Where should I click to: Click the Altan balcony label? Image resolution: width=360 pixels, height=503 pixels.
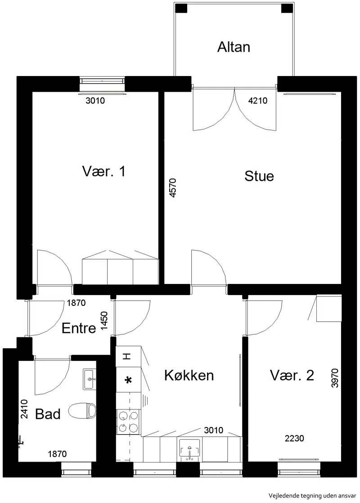click(x=234, y=47)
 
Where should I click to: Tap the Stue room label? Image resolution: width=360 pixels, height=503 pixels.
click(x=259, y=176)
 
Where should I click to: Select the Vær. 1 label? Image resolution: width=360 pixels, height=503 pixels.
click(x=103, y=171)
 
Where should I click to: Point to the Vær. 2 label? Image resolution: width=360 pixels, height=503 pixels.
click(x=292, y=375)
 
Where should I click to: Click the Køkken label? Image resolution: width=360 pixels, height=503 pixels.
click(x=189, y=375)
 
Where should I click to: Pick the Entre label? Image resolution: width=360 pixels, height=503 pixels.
click(x=79, y=328)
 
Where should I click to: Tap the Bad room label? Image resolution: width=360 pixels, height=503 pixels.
click(x=48, y=414)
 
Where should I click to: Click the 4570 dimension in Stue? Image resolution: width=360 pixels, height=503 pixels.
click(x=173, y=188)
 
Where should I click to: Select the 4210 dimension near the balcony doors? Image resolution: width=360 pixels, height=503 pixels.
click(x=258, y=101)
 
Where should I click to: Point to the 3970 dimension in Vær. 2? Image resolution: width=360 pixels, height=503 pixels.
click(x=335, y=378)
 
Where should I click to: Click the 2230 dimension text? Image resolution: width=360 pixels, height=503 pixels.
click(x=294, y=438)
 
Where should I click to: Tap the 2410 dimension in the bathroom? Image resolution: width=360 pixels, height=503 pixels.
click(x=24, y=409)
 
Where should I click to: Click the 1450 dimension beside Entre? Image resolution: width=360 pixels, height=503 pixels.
click(x=104, y=321)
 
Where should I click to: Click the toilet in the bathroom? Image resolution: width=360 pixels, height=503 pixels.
click(x=82, y=411)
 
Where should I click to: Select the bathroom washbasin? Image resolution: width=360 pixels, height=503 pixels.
click(x=90, y=379)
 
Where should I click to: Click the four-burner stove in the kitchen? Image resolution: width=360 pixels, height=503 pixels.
click(x=128, y=422)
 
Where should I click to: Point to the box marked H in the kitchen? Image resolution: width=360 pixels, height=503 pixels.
click(x=128, y=356)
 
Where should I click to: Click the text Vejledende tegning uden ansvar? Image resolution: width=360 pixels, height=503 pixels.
click(x=312, y=496)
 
